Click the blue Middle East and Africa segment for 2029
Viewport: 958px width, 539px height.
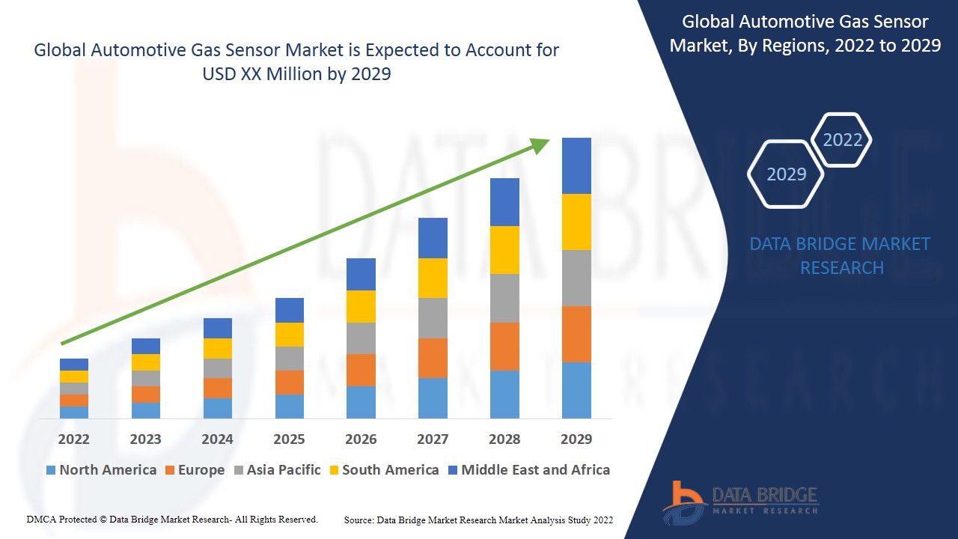[x=576, y=165]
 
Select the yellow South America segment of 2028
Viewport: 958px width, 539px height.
[x=504, y=249]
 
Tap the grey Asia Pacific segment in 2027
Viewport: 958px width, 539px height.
[x=433, y=318]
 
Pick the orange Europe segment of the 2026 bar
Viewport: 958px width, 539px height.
[x=361, y=370]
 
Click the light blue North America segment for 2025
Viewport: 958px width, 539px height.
[x=290, y=406]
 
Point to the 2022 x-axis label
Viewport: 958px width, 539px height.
[x=73, y=439]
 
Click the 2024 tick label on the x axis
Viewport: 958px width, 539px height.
[x=217, y=439]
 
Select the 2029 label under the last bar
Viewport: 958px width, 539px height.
[x=576, y=439]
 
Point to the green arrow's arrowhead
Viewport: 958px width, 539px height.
[x=540, y=144]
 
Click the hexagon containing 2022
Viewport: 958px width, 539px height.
[x=842, y=140]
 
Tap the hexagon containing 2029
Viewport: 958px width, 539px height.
[x=786, y=174]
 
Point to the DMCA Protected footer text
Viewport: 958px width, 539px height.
[x=172, y=519]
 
